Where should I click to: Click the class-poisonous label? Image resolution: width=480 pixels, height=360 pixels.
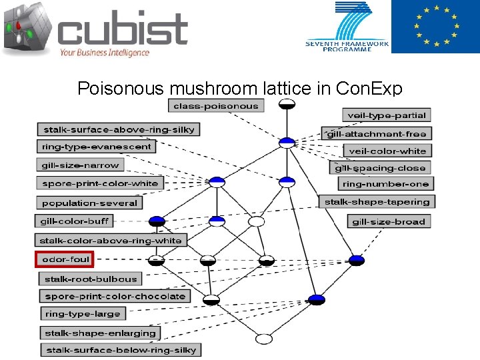(215, 106)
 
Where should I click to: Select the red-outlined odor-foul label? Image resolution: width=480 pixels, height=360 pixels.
(64, 259)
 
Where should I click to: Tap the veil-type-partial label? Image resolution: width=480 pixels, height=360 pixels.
(386, 115)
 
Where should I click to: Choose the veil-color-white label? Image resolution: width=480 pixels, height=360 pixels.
(387, 151)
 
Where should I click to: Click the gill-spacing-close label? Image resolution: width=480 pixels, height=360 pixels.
(379, 168)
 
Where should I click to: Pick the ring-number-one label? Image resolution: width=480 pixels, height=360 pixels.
(386, 184)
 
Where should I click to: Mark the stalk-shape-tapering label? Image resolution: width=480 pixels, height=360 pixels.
(377, 201)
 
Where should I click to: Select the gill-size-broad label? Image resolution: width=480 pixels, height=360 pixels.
(388, 221)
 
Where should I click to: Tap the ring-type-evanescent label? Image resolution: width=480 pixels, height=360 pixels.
(97, 147)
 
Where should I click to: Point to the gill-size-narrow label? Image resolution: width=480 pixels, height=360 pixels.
(80, 165)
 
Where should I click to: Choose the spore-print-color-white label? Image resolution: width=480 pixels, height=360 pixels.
(100, 183)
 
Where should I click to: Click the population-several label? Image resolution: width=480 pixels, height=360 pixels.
(89, 203)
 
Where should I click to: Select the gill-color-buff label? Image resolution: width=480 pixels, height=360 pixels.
(74, 221)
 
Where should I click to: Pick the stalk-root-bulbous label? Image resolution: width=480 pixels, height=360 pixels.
(90, 279)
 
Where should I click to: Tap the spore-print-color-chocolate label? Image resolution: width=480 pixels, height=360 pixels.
(115, 296)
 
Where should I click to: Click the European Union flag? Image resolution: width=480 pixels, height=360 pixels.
(435, 27)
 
